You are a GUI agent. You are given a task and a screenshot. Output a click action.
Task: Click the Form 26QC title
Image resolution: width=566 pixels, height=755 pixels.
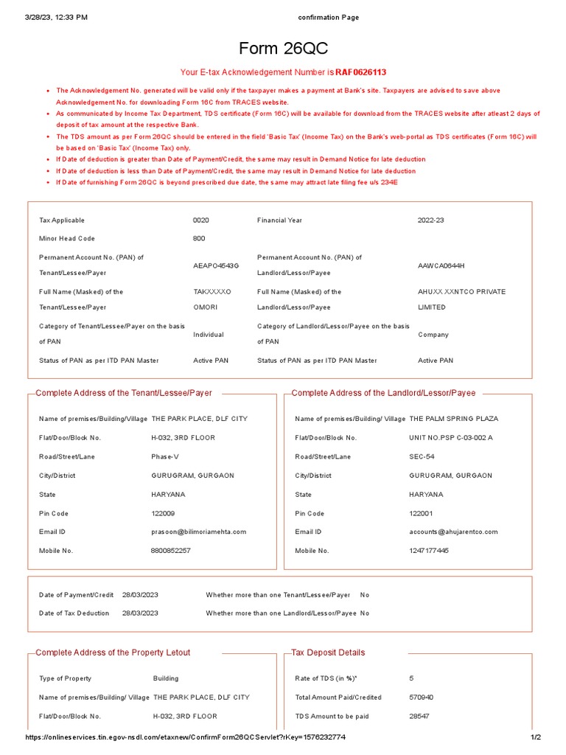(x=283, y=49)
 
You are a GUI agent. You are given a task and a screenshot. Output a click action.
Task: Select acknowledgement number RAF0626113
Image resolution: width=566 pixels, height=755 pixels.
(x=361, y=72)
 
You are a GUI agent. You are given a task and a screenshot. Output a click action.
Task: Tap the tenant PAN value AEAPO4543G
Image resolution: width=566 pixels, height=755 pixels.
(x=212, y=265)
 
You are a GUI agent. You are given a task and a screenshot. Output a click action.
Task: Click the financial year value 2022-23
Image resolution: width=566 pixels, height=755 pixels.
(x=431, y=220)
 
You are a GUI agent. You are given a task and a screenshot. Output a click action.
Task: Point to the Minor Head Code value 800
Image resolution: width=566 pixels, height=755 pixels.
(x=199, y=239)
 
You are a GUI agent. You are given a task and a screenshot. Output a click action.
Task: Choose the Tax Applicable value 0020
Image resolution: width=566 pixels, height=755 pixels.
(x=200, y=220)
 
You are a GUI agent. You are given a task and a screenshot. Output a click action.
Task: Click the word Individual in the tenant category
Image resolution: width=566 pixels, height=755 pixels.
(x=209, y=335)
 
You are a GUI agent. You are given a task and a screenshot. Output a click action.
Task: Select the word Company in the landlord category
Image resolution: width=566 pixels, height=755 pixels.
(x=433, y=335)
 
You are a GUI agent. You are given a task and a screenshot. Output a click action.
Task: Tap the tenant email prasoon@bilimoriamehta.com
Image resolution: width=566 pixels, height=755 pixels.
(x=198, y=532)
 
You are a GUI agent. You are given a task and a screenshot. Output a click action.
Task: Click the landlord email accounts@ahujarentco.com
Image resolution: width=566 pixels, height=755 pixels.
(x=453, y=532)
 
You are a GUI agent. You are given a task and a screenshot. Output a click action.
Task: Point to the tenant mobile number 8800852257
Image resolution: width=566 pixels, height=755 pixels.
(x=170, y=551)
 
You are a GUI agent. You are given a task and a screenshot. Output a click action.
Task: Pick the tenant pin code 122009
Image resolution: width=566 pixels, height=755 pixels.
(x=163, y=513)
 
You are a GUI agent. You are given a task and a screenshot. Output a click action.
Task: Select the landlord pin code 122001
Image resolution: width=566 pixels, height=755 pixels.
(x=421, y=513)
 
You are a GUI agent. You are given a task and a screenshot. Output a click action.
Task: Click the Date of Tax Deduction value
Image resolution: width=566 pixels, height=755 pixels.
(x=140, y=613)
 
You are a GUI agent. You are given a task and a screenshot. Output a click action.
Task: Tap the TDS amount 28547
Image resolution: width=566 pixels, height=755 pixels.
(x=420, y=717)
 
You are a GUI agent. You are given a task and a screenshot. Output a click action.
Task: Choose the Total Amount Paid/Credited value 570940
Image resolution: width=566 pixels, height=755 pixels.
(x=422, y=697)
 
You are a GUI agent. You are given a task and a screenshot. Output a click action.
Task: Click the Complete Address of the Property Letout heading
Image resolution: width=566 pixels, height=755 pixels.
(x=113, y=653)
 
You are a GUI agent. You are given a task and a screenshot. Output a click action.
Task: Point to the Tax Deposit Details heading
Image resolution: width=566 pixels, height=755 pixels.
(x=328, y=653)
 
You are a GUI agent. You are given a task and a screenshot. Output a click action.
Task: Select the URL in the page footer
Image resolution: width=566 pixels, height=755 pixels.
(x=186, y=737)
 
